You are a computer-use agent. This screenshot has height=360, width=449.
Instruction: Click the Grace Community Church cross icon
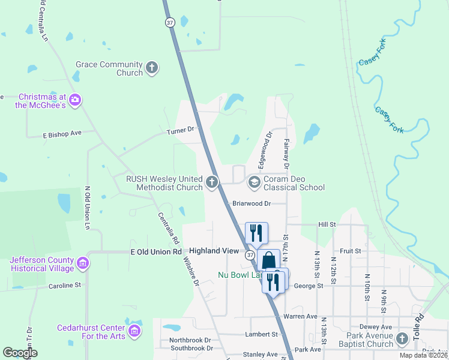click(152, 68)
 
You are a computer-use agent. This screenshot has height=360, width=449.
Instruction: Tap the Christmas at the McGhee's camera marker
click(75, 100)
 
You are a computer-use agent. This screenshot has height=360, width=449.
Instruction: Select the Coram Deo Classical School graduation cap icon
click(254, 182)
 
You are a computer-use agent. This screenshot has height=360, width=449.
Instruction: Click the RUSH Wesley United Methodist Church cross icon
click(211, 182)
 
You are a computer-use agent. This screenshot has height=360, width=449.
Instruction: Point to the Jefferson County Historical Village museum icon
click(83, 263)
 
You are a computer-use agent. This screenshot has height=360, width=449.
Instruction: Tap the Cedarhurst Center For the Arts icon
click(135, 331)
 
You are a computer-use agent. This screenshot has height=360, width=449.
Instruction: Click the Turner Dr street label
click(182, 130)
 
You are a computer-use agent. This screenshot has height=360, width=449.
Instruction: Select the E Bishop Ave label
click(62, 133)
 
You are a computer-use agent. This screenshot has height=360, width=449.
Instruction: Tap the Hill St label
click(327, 224)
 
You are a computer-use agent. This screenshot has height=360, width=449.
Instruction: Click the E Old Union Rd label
click(156, 251)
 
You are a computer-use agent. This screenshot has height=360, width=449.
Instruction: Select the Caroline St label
click(64, 286)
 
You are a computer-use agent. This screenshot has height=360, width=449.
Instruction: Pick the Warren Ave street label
click(300, 316)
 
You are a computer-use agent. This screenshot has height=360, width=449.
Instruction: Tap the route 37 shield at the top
click(170, 22)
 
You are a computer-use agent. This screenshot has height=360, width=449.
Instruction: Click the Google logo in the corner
click(19, 353)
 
